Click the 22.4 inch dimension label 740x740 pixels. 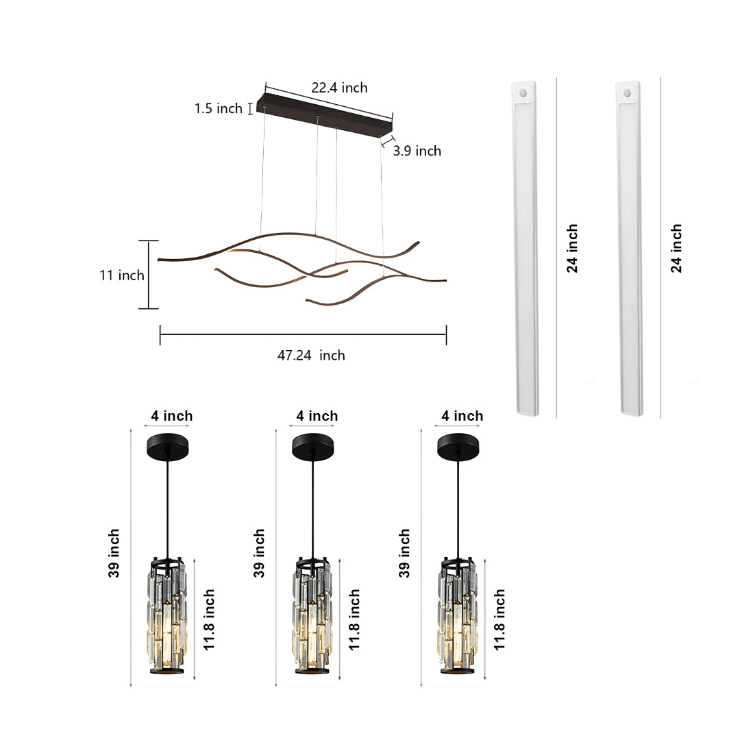pos(339,88)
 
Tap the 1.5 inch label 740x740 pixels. pos(218,108)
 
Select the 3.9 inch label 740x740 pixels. pos(417,151)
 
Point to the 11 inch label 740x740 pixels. pos(121,275)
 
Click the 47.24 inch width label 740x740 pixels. pos(310,355)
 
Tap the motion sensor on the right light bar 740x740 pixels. pos(627,92)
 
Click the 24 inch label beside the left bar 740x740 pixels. pos(572,248)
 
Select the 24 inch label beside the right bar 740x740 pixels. pos(676,248)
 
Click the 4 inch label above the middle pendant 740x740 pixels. pos(317,416)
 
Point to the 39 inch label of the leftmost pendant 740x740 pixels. pos(114,553)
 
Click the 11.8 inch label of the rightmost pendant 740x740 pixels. pos(500,619)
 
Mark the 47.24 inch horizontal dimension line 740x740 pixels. pos(303,334)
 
